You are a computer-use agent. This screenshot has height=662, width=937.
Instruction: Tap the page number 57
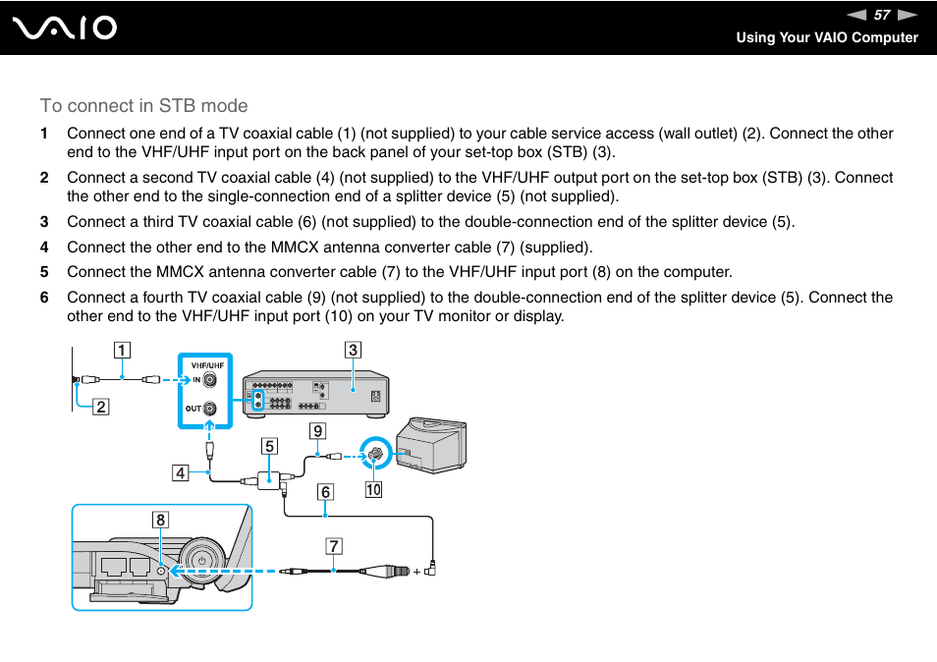click(881, 15)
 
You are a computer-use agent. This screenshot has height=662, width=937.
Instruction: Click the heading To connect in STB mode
click(143, 106)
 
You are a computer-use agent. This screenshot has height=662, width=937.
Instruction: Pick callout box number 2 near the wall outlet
click(100, 406)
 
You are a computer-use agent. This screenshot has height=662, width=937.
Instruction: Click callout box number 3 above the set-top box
click(352, 349)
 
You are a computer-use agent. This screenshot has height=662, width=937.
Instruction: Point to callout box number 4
click(181, 473)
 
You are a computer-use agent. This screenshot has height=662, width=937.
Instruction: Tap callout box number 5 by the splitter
click(269, 446)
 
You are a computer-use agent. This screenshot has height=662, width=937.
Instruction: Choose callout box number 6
click(324, 492)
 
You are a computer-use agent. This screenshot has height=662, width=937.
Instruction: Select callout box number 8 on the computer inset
click(160, 520)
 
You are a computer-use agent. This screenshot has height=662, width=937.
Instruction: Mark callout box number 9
click(317, 429)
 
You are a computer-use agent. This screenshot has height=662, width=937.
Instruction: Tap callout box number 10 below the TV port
click(373, 487)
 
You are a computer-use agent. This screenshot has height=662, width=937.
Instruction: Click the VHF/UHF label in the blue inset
click(207, 365)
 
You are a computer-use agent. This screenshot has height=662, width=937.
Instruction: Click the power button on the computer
click(200, 561)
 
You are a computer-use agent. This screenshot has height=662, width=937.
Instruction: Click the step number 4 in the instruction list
click(43, 248)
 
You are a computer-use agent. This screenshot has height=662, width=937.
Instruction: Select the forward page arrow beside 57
click(908, 15)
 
